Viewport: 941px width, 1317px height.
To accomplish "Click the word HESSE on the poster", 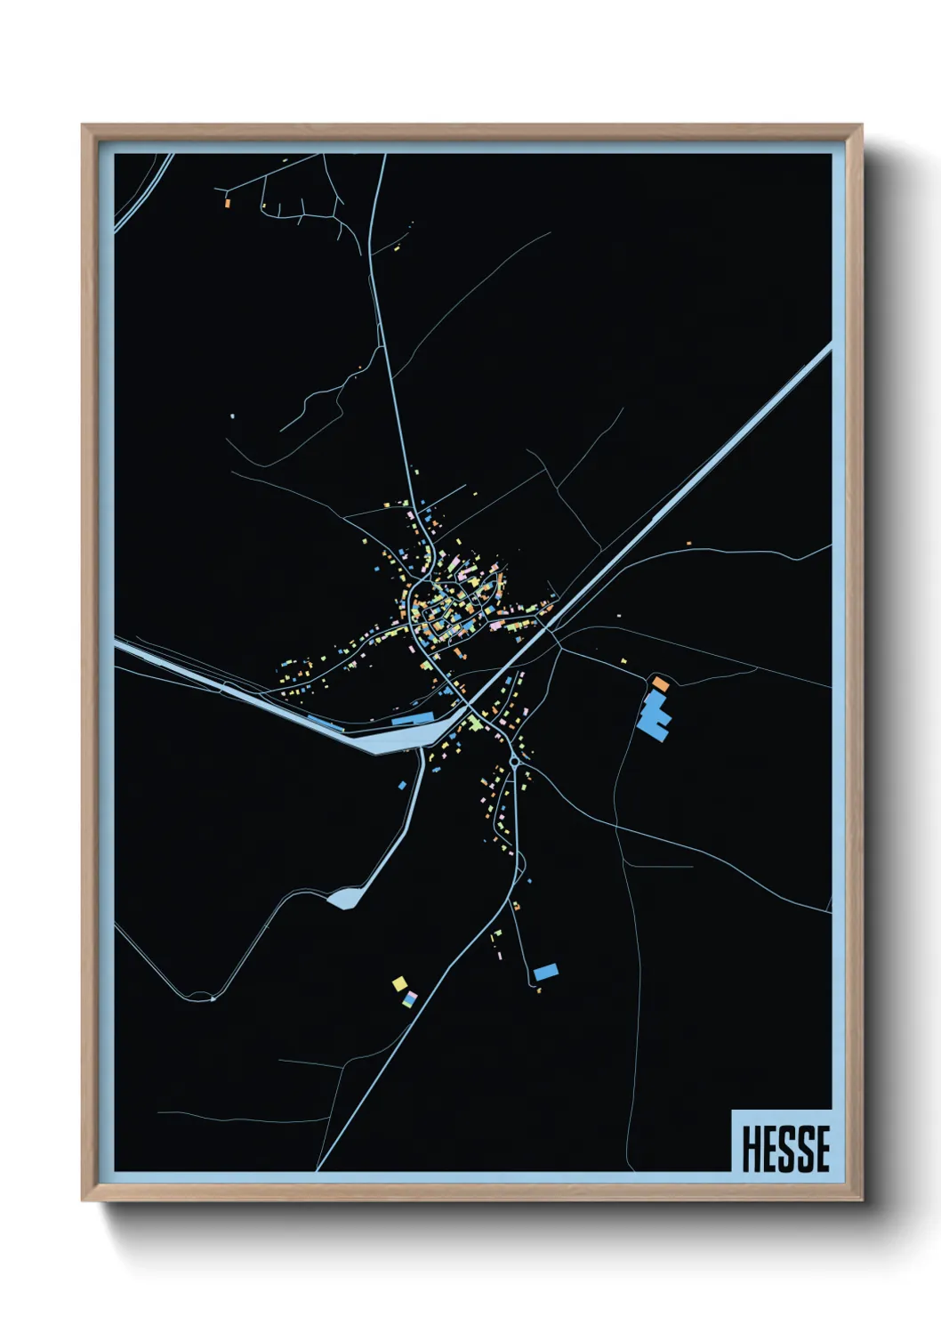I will pyautogui.click(x=785, y=1149).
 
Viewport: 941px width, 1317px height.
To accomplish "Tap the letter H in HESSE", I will pyautogui.click(x=750, y=1149).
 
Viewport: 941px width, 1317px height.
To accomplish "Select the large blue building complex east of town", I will pyautogui.click(x=654, y=716).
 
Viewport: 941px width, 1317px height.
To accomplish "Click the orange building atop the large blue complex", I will pyautogui.click(x=660, y=683).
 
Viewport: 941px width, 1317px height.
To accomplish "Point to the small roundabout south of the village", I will pyautogui.click(x=514, y=763).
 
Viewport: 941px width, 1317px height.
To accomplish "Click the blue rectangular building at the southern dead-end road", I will pyautogui.click(x=546, y=972).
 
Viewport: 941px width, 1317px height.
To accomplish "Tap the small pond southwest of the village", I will pyautogui.click(x=342, y=899).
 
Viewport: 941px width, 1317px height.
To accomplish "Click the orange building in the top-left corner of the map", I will pyautogui.click(x=228, y=203).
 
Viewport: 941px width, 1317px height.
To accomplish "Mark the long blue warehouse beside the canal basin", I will pyautogui.click(x=413, y=718).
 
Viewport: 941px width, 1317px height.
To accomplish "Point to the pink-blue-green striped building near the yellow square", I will pyautogui.click(x=409, y=1000).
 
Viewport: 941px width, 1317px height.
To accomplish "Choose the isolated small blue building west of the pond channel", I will pyautogui.click(x=402, y=786).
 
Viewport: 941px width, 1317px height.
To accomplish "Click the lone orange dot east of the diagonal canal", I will pyautogui.click(x=688, y=542).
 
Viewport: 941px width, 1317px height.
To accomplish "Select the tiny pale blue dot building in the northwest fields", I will pyautogui.click(x=231, y=415).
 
